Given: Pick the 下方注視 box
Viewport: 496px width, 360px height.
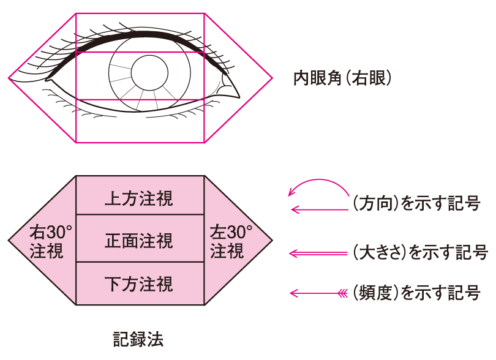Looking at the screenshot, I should coord(140,283).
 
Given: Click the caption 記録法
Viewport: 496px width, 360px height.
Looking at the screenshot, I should coord(138,338).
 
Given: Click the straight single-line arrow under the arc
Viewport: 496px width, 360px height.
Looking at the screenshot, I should coord(318,210).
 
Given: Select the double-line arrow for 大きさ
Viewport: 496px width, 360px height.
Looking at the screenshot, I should coord(318,252).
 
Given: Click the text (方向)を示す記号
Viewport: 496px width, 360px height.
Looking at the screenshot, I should coord(416,203).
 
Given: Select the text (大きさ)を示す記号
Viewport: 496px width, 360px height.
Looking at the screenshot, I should coord(420,252).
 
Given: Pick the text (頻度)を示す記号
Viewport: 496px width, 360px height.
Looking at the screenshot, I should coord(416,293).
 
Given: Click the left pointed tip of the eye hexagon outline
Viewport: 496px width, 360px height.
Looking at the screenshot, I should coord(9,78).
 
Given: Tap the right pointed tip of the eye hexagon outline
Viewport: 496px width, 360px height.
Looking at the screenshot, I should coord(272,78).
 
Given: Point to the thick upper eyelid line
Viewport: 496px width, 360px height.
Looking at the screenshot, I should coord(141,35).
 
